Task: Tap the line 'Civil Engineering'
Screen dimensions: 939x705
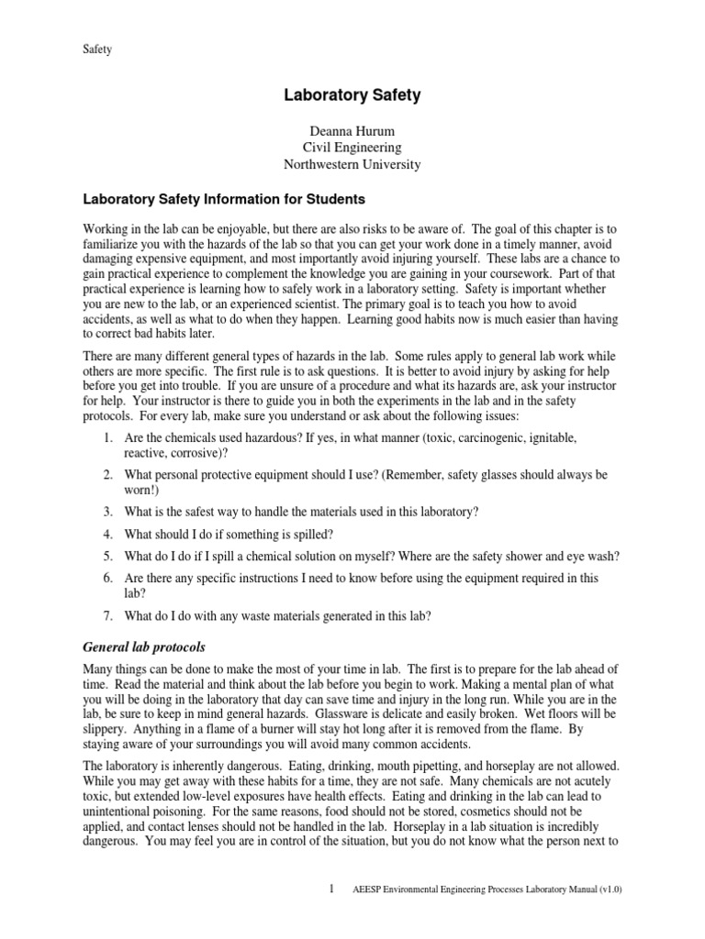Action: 352,147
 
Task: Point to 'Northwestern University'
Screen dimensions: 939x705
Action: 352,165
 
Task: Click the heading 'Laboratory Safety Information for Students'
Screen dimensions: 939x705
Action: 224,199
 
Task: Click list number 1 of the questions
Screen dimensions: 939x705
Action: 107,438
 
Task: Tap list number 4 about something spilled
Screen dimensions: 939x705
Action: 107,533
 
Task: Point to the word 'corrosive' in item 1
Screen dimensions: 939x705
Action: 196,453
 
